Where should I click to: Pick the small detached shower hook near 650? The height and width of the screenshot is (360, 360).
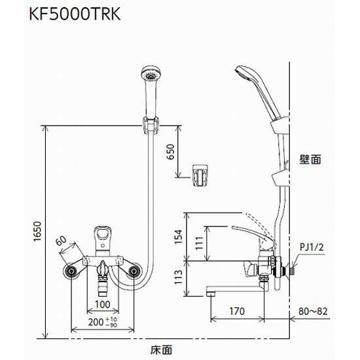tap(201, 175)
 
